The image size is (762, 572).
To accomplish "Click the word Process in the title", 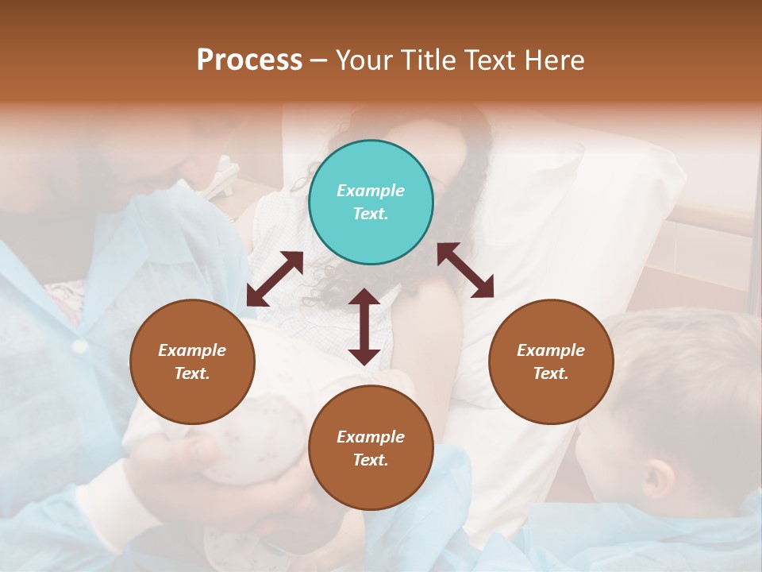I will click(249, 60).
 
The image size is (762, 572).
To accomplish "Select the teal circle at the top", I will click(371, 203).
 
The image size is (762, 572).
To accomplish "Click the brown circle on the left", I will click(192, 361).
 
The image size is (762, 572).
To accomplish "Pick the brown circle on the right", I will click(551, 361).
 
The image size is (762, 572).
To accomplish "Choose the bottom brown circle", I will click(371, 448).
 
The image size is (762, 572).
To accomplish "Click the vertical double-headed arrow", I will click(364, 327).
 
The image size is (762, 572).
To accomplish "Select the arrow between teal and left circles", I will click(275, 278).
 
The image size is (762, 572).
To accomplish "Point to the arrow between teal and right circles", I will click(465, 270).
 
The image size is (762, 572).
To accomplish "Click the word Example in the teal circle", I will click(371, 191).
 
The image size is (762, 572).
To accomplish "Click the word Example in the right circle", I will click(551, 350).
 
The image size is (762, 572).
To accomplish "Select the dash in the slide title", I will click(319, 60).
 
